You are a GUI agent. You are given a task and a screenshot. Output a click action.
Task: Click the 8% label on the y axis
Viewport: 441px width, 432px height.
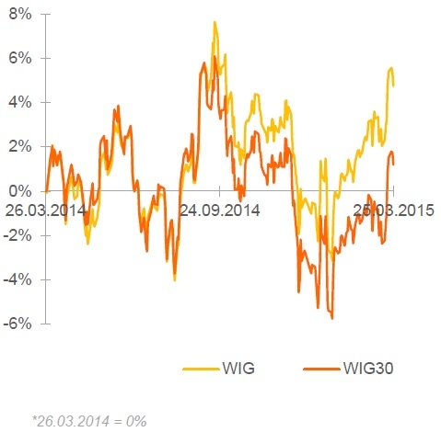click(20, 15)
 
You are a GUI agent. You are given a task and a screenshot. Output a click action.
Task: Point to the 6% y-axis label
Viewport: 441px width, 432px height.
click(20, 58)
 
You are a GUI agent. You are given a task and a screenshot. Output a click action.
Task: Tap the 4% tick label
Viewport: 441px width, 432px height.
click(20, 102)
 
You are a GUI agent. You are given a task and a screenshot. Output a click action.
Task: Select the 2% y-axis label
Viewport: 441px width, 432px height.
click(20, 147)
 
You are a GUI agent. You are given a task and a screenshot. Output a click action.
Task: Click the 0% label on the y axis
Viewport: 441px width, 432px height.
click(20, 191)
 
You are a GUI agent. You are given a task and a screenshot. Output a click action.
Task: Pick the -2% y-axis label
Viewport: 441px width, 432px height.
click(17, 235)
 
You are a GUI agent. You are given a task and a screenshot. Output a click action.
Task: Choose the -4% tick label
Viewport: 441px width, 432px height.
click(17, 279)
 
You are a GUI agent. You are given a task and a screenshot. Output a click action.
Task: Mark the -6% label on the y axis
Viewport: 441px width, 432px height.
click(17, 324)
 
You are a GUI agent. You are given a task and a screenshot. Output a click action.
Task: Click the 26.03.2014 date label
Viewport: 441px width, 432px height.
click(46, 210)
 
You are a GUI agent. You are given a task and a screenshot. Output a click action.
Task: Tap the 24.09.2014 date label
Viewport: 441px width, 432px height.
click(220, 210)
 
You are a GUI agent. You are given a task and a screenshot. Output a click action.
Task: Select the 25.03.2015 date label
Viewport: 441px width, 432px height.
click(394, 210)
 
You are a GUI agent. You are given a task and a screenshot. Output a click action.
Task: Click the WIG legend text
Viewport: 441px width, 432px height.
click(238, 368)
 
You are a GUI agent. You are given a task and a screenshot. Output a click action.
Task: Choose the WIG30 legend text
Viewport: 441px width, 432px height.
click(368, 368)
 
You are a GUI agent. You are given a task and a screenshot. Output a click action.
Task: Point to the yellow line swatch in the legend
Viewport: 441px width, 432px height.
click(201, 369)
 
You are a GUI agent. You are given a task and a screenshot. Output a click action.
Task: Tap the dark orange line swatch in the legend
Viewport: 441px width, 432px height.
click(321, 369)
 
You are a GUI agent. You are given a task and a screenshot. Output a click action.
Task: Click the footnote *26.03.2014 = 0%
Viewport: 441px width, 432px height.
click(89, 421)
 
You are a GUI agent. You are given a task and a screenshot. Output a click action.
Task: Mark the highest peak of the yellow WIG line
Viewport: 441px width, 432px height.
click(215, 22)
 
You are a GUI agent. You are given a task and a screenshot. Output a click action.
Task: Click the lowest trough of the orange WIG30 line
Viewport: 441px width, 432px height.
click(332, 318)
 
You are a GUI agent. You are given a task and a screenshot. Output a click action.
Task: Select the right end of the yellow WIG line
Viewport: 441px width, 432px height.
click(394, 85)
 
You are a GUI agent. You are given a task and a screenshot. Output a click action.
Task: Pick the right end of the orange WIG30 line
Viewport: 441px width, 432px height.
click(394, 165)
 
